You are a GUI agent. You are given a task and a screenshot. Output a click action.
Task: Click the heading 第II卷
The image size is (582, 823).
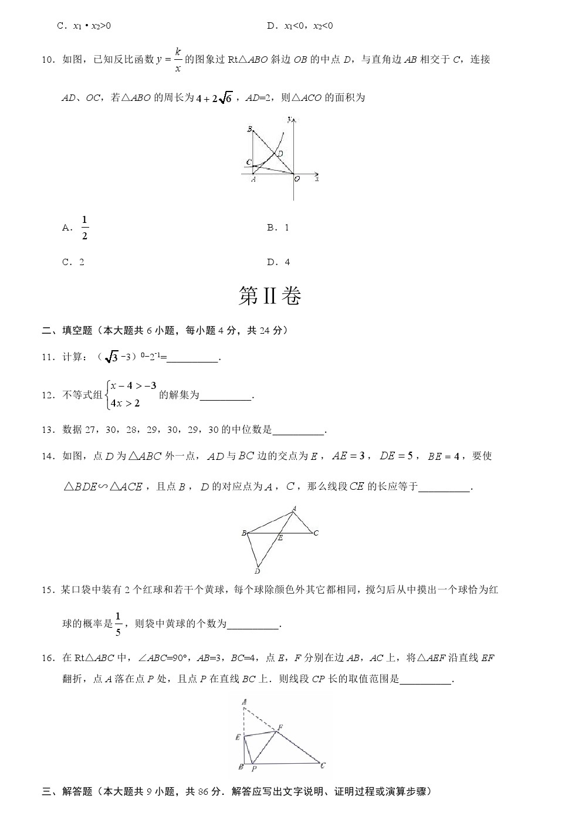tap(270, 297)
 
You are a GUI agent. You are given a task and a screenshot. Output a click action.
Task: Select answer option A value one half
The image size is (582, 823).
tap(84, 228)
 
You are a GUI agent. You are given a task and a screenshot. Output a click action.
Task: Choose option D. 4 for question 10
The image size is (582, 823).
tap(279, 262)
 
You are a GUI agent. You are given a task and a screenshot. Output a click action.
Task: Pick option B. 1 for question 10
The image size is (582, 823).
tap(278, 228)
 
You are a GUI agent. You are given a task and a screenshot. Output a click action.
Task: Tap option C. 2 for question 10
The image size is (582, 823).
tap(73, 262)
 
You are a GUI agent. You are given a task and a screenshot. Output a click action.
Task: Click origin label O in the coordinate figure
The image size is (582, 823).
tap(297, 179)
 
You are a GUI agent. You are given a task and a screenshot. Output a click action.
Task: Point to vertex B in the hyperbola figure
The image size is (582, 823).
tap(249, 129)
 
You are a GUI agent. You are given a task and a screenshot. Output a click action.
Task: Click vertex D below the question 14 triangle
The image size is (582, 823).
tap(257, 571)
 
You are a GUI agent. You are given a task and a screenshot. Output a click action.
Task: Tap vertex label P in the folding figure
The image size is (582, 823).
tap(253, 768)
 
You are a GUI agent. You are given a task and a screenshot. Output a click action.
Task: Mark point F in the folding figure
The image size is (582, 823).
tap(280, 727)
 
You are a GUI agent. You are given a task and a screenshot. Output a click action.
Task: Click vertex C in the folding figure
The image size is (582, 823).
tap(323, 765)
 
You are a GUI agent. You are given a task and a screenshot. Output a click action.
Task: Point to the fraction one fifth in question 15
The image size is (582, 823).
tap(118, 624)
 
